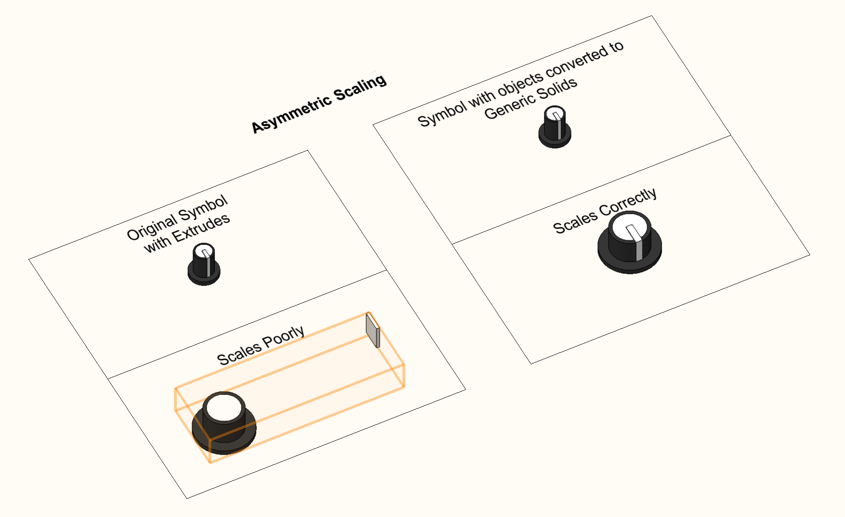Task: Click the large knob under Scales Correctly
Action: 630,243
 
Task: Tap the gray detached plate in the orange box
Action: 373,330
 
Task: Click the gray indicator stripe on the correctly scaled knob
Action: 639,250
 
